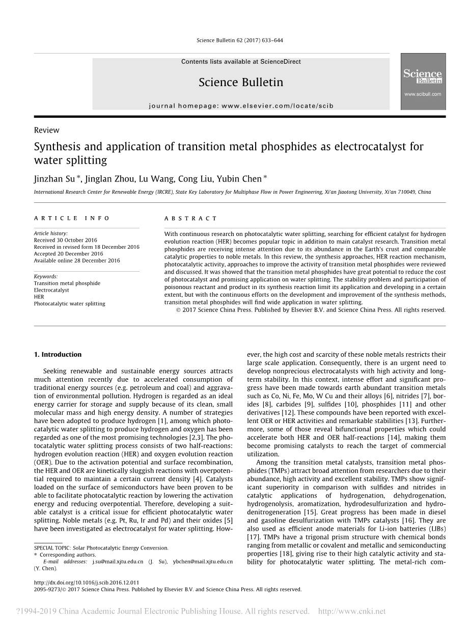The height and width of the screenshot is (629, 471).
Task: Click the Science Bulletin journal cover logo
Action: pos(423,82)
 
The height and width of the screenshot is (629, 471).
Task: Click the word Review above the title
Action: pos(46,130)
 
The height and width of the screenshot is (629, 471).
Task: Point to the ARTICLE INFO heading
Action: pos(72,218)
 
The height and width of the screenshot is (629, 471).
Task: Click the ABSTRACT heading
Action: pos(190,218)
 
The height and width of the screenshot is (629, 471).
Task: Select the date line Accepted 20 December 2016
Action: pos(68,253)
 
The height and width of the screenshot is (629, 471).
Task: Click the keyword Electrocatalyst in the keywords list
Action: pos(51,290)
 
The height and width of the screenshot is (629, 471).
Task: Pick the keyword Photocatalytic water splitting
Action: pos(69,303)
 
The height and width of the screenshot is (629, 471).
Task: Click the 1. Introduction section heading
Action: pos(58,354)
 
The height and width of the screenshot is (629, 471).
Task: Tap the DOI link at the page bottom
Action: pos(86,582)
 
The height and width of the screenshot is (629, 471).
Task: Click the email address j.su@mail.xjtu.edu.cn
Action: pos(118,561)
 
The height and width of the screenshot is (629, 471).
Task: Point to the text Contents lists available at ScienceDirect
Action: pos(241,62)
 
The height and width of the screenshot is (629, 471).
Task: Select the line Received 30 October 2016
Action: pos(65,240)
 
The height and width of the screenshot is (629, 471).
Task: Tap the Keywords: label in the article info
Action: pos(46,276)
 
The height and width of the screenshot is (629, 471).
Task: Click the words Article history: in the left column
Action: pos(50,233)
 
